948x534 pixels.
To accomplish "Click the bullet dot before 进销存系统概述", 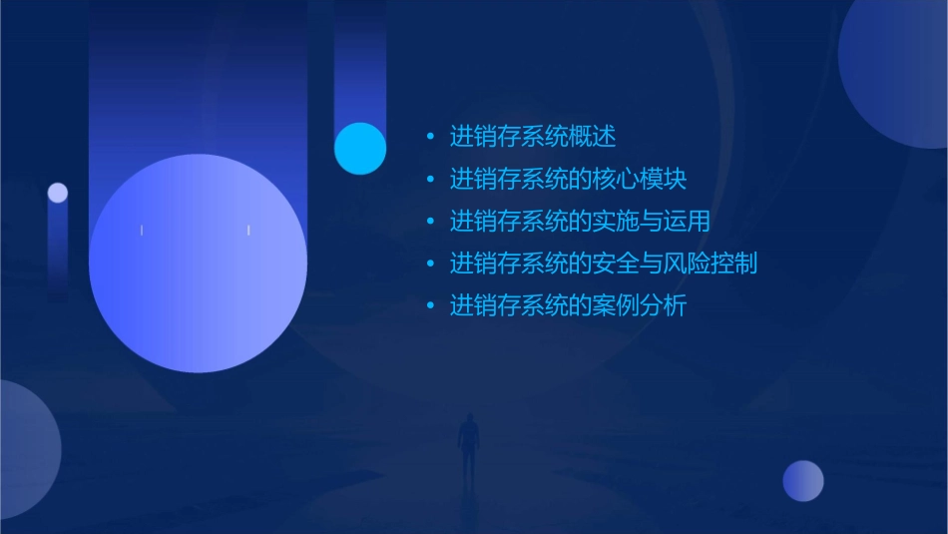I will tap(430, 137).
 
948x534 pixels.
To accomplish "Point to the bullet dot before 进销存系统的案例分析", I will tap(430, 306).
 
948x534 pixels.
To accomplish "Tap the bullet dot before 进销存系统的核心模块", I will tap(430, 180).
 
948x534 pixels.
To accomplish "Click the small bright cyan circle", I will tap(360, 148).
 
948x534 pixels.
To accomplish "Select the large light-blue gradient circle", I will tap(198, 264).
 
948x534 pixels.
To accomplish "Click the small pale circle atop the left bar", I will tap(58, 193).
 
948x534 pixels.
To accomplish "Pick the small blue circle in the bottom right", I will tap(803, 481).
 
